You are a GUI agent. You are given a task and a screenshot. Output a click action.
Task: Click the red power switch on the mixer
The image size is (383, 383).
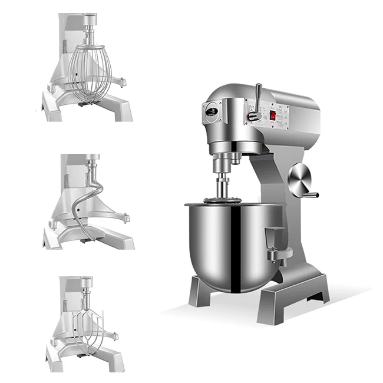(x=273, y=115)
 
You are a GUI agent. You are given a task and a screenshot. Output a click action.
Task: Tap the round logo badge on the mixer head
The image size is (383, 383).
(x=212, y=111)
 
